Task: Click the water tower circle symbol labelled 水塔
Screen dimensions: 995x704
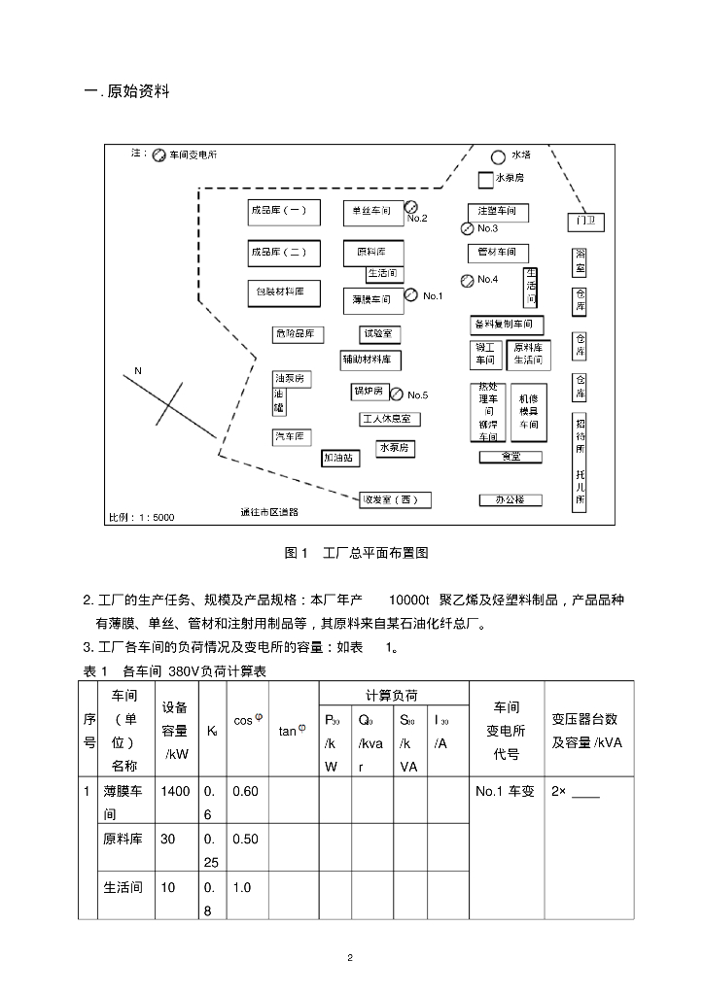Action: (498, 156)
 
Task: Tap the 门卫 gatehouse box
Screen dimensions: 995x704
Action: (586, 222)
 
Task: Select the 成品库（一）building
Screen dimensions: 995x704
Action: (279, 210)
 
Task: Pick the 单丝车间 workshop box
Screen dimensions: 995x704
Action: (371, 210)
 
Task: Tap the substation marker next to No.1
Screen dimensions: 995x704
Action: (410, 294)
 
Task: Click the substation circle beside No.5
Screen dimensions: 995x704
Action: (397, 394)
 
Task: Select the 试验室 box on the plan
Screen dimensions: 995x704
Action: (379, 333)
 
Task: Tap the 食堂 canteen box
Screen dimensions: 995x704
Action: (510, 456)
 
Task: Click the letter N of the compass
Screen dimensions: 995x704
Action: (138, 371)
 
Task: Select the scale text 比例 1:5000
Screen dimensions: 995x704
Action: (142, 517)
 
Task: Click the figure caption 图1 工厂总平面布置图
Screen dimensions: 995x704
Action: (356, 553)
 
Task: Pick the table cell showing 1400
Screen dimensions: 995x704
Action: (176, 791)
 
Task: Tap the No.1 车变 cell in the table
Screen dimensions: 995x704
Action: (505, 791)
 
